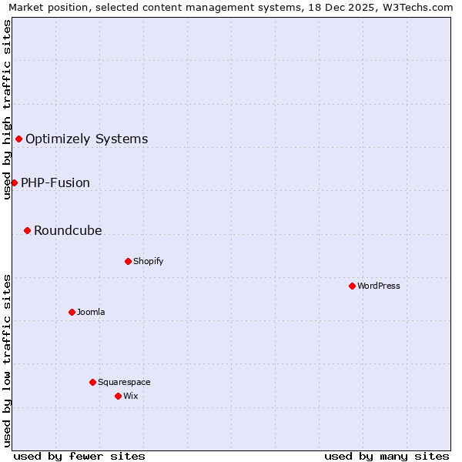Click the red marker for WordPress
tap(352, 286)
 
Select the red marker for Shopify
tap(128, 261)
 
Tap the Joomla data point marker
tap(72, 312)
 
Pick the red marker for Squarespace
tap(92, 382)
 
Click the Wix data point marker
tap(118, 396)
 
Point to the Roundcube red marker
tap(27, 230)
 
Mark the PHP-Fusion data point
tap(14, 182)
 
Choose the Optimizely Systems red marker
tap(18, 139)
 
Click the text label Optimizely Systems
tap(86, 139)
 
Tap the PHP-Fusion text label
tap(55, 183)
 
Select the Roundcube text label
tap(68, 231)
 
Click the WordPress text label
tap(379, 286)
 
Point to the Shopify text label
tap(149, 262)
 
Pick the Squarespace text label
tap(124, 383)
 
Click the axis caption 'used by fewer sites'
tap(79, 456)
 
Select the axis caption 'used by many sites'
tap(387, 456)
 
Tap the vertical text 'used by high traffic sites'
tap(7, 109)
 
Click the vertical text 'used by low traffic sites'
tap(7, 360)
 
